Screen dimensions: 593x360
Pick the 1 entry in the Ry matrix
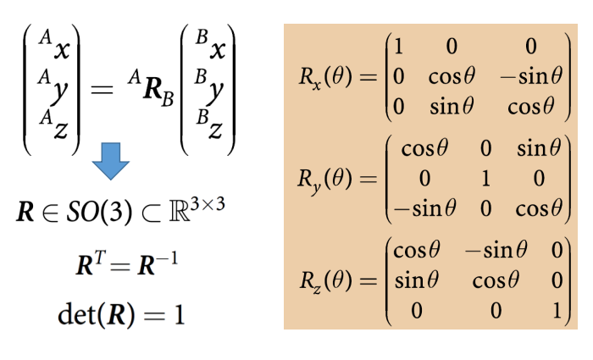pyautogui.click(x=485, y=179)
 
